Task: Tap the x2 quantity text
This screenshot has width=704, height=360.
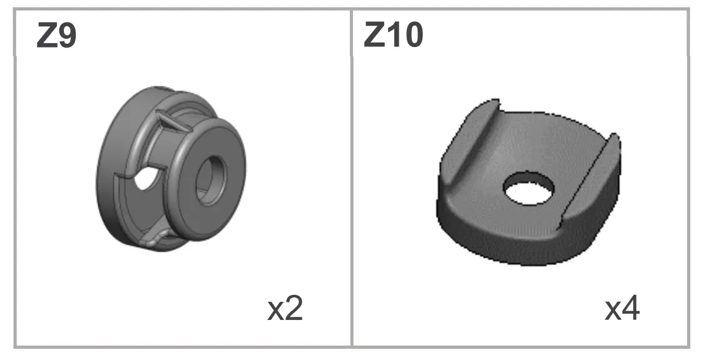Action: [285, 309]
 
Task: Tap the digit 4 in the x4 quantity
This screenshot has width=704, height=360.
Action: [630, 309]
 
